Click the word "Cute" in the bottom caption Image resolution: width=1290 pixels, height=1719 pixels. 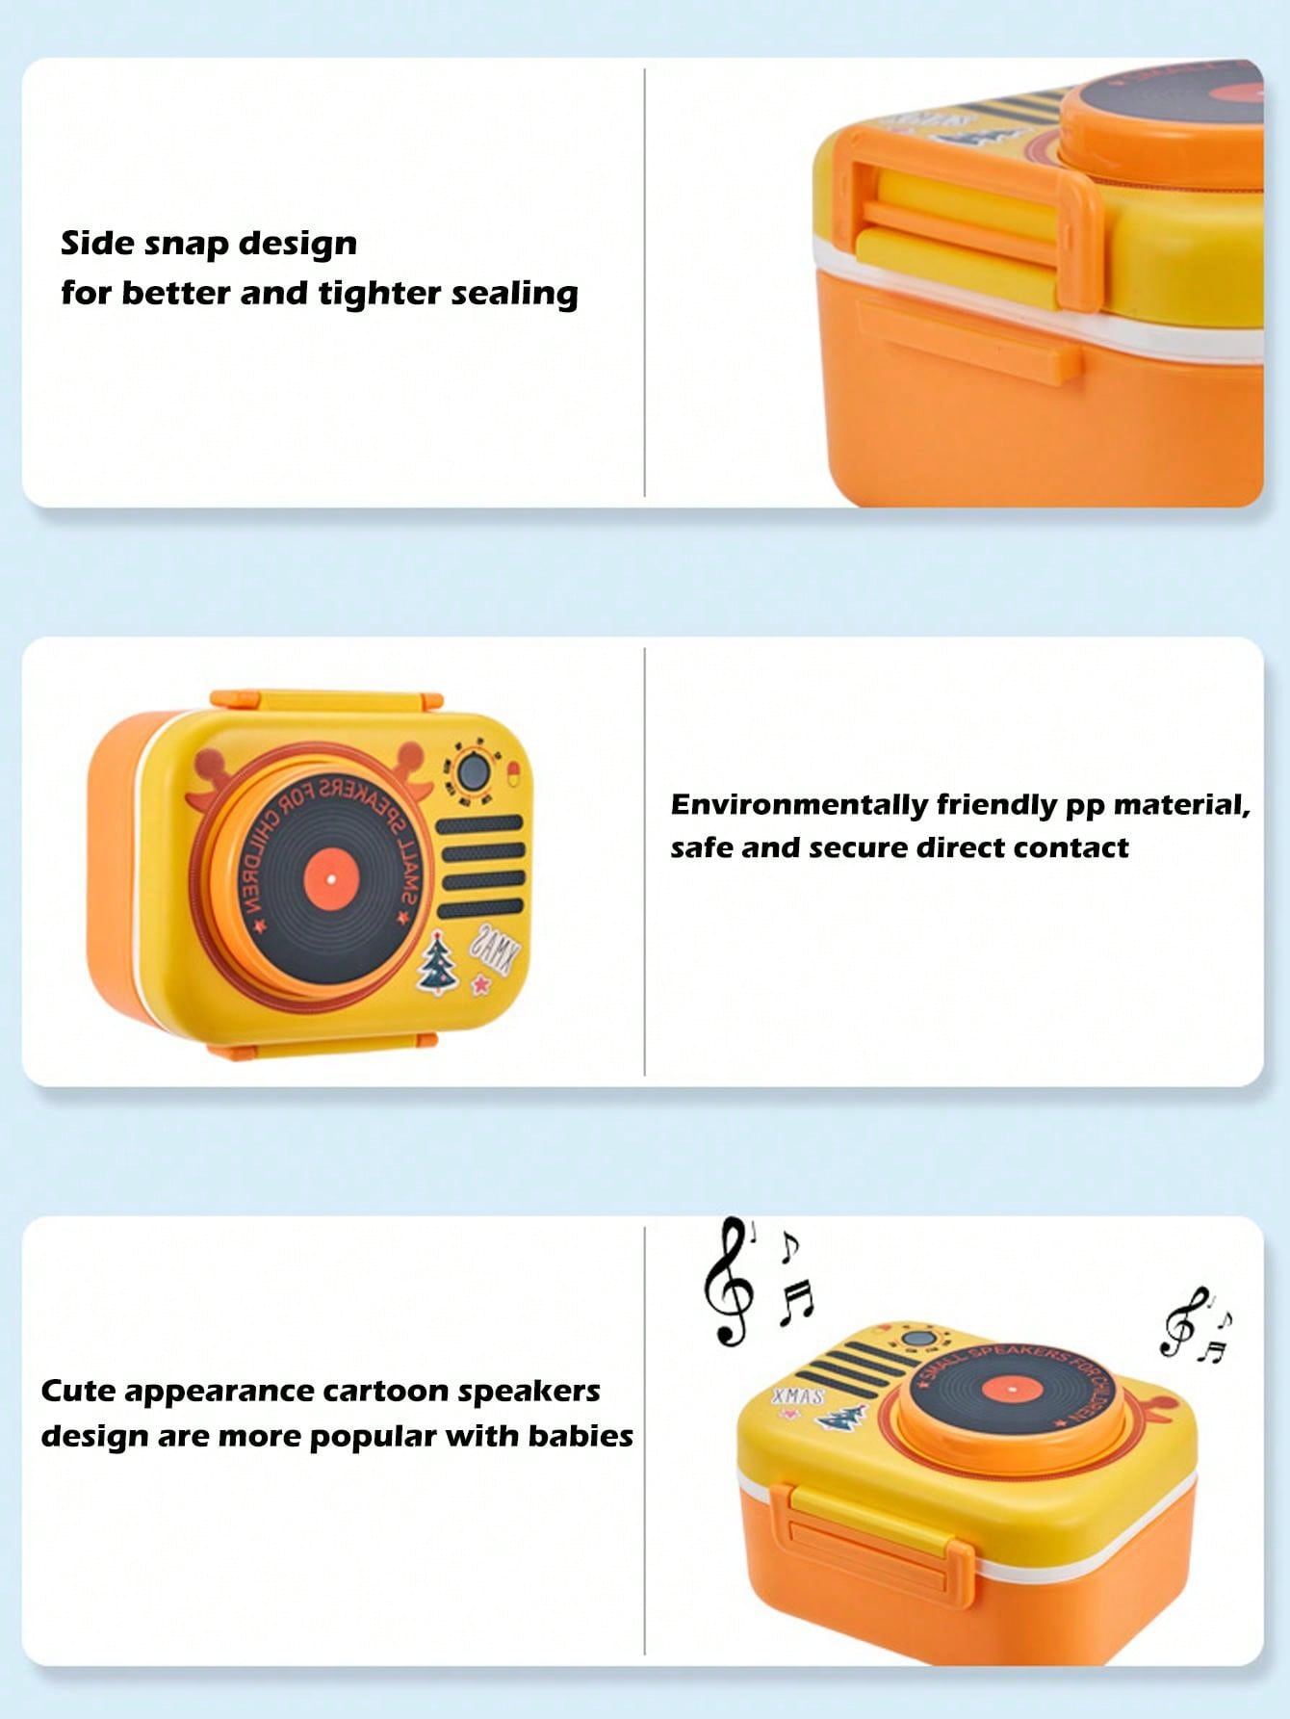[78, 1392]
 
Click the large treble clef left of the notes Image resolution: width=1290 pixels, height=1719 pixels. [729, 1281]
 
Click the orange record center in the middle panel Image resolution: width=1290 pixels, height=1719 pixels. [330, 880]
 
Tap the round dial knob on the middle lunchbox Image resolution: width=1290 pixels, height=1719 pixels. [473, 771]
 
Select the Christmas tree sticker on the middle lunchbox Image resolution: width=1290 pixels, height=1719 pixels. [438, 962]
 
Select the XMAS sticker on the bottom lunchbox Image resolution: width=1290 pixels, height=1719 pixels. [798, 1395]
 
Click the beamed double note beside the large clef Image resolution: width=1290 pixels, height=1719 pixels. [796, 1302]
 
